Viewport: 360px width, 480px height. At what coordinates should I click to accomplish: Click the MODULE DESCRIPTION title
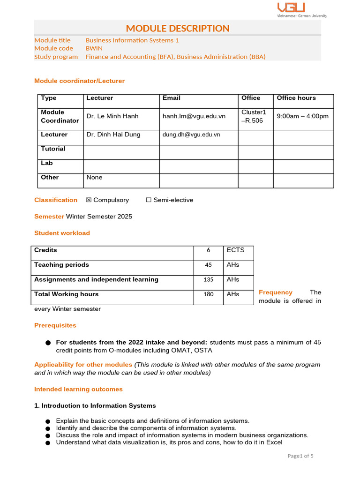point(178,28)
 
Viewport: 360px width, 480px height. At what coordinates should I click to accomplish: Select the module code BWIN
point(94,48)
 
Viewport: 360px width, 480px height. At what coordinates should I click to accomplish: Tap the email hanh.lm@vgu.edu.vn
point(194,116)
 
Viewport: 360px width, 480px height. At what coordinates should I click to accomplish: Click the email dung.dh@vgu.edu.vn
point(191,135)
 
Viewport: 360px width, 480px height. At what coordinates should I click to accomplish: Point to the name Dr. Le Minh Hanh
point(112,116)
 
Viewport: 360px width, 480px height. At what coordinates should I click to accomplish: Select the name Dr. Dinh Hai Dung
point(113,135)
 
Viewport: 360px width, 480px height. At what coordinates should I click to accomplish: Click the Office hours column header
point(296,98)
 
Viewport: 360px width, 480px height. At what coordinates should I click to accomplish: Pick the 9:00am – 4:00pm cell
point(302,116)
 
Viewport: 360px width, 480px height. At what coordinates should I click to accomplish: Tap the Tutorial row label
point(53,149)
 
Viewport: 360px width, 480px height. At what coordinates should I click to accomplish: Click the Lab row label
point(47,163)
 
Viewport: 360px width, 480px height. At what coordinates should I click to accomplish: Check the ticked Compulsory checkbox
point(89,200)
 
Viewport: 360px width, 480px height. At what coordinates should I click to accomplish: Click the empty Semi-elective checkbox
point(149,200)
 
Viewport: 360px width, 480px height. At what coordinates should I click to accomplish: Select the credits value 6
point(208,250)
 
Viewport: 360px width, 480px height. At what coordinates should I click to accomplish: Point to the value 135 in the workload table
point(208,280)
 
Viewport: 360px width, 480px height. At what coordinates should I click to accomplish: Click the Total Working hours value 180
point(208,294)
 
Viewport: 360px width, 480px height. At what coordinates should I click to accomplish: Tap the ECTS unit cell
point(235,250)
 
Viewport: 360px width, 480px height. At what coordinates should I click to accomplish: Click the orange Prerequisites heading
point(55,325)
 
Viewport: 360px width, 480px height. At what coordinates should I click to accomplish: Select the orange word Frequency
point(276,292)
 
